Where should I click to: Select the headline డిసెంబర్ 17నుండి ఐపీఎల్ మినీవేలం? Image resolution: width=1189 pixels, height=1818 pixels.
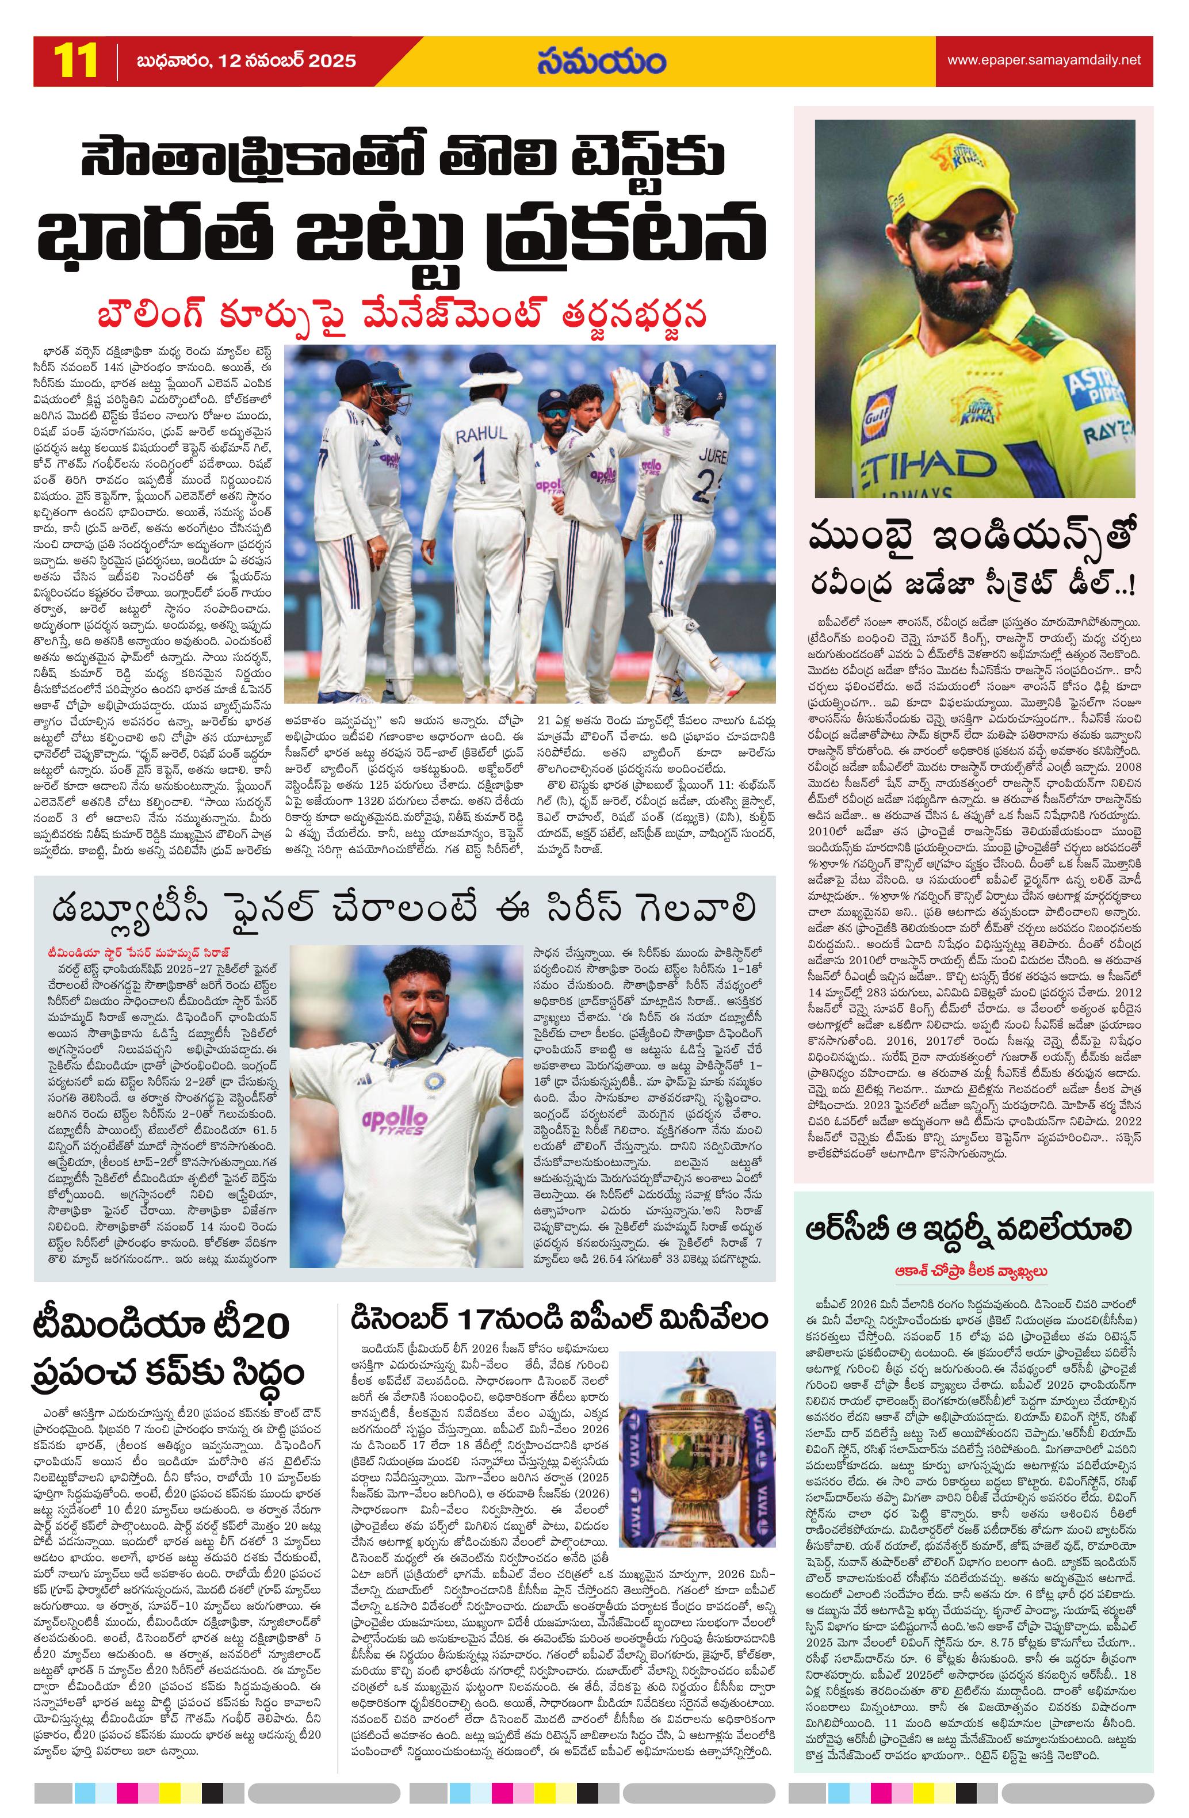pyautogui.click(x=560, y=1320)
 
